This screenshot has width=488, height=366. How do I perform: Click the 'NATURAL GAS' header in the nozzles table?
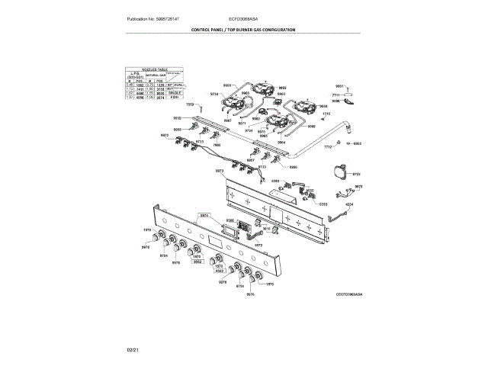click(159, 75)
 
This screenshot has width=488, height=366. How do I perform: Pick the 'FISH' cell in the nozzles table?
click(174, 98)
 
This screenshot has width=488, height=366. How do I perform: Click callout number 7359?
click(191, 104)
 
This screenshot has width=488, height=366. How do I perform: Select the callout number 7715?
click(326, 114)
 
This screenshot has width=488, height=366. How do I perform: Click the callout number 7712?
click(329, 146)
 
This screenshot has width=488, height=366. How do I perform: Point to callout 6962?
click(358, 143)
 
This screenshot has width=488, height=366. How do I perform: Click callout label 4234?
click(350, 204)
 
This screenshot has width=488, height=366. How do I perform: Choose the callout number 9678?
click(358, 186)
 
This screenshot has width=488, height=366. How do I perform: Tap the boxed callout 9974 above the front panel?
click(204, 216)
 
